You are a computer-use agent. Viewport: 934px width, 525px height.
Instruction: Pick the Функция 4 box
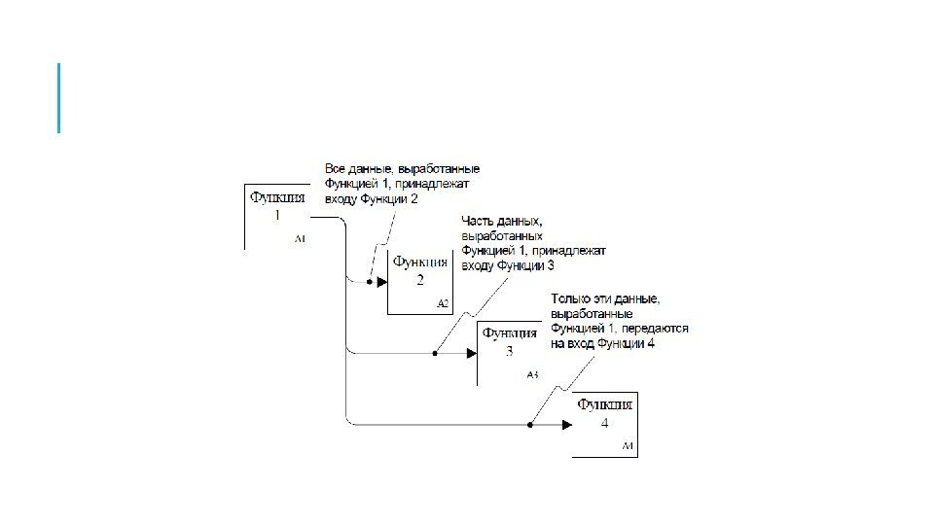tap(604, 424)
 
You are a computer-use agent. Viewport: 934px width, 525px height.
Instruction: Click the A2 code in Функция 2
tap(443, 304)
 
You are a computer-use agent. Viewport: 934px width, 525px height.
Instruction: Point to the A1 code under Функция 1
tap(300, 238)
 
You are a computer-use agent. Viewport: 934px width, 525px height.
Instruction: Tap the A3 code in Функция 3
tap(531, 374)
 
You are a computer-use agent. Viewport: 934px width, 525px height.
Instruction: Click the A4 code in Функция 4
tap(628, 446)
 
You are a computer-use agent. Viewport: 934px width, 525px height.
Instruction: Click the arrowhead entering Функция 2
tap(381, 282)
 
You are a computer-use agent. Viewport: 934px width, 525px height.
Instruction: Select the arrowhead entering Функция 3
tap(470, 353)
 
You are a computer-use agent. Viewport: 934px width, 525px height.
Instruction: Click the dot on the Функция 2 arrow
tap(369, 282)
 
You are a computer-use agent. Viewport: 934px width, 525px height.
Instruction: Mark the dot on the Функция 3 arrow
tap(435, 353)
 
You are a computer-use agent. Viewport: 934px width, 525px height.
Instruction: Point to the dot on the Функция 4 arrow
tap(530, 424)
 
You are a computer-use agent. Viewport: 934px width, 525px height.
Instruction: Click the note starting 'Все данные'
tap(401, 184)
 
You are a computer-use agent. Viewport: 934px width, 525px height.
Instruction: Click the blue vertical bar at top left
tap(59, 97)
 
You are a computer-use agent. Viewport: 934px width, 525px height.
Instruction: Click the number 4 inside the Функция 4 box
tap(604, 424)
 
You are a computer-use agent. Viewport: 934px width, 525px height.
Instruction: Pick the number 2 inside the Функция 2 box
tap(420, 282)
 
